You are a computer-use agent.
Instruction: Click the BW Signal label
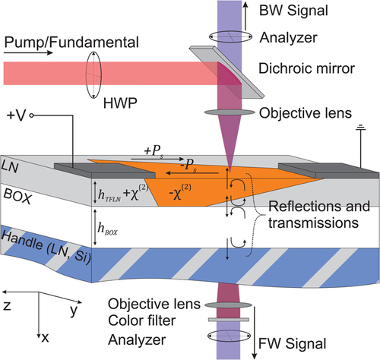(293, 11)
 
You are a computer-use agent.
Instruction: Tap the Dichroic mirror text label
(306, 68)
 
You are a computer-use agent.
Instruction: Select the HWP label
(120, 103)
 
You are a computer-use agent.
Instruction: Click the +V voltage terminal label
(17, 115)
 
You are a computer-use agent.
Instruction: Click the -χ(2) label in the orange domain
(180, 192)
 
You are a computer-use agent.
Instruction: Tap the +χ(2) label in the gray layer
(135, 193)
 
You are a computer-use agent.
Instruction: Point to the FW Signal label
(292, 344)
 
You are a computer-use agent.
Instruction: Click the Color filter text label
(141, 321)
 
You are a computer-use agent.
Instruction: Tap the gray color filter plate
(229, 320)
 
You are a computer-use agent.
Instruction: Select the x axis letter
(45, 338)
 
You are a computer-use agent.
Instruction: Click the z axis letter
(7, 306)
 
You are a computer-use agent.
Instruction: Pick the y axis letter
(74, 311)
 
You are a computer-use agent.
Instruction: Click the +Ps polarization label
(154, 152)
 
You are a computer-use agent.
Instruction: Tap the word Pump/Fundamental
(71, 43)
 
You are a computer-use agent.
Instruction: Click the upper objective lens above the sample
(230, 112)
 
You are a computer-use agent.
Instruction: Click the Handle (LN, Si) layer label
(46, 248)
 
